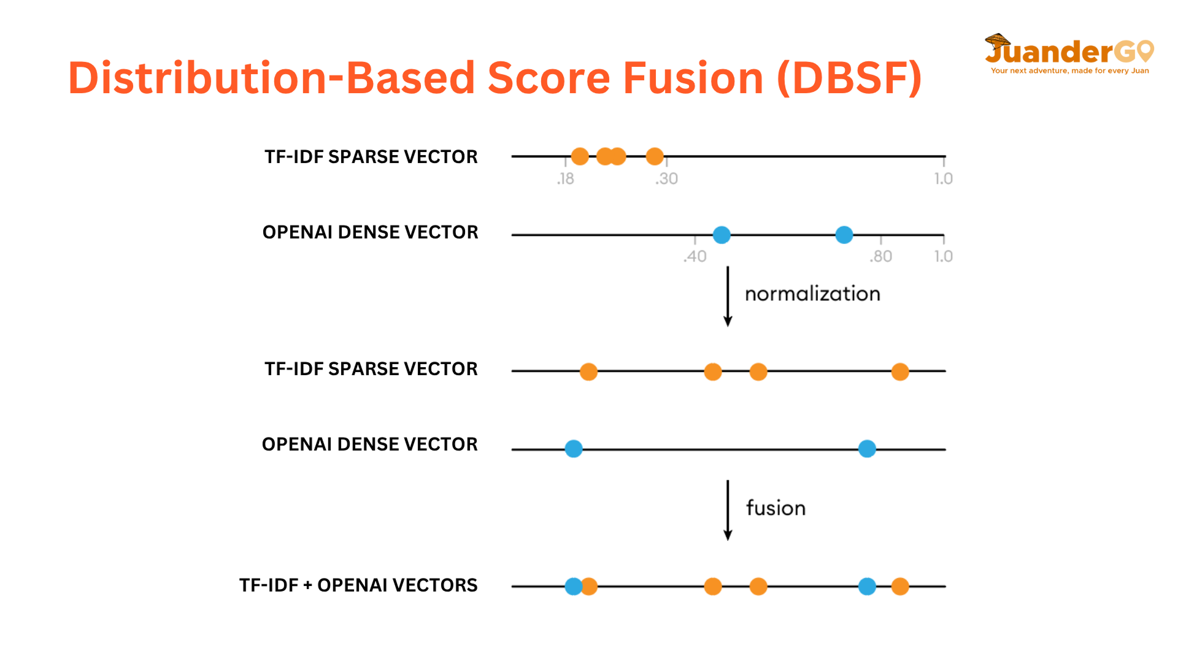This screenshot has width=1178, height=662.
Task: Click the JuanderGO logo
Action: (x=1069, y=53)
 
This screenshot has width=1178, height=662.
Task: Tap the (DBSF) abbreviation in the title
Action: (x=849, y=78)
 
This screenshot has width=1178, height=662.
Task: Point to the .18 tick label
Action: (x=565, y=179)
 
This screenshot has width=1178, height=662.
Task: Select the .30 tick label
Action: (x=666, y=179)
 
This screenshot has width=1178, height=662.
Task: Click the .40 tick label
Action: (x=695, y=256)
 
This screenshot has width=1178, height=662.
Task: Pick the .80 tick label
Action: (x=880, y=256)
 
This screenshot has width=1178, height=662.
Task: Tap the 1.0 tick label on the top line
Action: (x=944, y=179)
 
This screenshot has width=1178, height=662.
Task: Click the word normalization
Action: (x=812, y=294)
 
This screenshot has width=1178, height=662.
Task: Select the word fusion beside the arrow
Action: (x=776, y=508)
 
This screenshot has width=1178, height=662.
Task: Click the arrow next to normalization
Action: (x=728, y=297)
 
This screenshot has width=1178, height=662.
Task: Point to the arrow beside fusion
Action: (x=728, y=511)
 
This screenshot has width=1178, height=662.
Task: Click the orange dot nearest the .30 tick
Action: (x=655, y=156)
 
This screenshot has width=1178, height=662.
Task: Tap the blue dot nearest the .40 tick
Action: (x=722, y=235)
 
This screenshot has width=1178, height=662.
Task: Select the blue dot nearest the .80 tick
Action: (x=844, y=235)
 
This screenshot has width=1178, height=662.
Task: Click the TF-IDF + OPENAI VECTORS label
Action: (x=358, y=585)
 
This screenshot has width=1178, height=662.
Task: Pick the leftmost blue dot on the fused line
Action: (x=573, y=587)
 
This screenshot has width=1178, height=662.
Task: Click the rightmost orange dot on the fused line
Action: (x=900, y=587)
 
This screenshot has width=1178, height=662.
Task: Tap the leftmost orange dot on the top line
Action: (x=580, y=156)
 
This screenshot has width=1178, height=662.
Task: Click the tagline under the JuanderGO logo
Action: (x=1070, y=71)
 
